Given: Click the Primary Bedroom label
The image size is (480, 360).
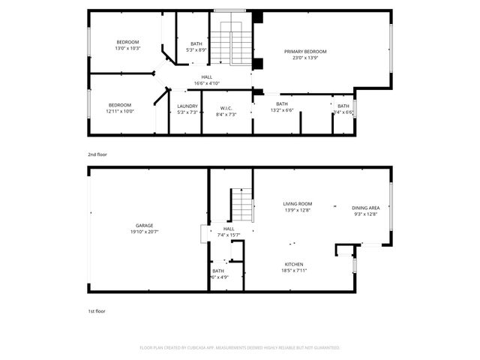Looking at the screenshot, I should pyautogui.click(x=305, y=52).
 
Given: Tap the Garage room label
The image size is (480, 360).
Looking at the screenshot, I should pyautogui.click(x=144, y=226).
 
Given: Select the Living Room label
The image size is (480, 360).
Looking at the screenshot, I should pyautogui.click(x=298, y=203).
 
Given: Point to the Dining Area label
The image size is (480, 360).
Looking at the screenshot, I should pyautogui.click(x=365, y=208).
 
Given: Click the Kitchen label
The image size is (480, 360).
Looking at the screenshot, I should pyautogui.click(x=293, y=264).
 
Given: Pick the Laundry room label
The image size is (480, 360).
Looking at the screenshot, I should pyautogui.click(x=187, y=106).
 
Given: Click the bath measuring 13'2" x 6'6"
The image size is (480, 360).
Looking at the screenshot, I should pyautogui.click(x=282, y=110).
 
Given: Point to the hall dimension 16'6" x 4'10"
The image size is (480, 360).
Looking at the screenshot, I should pyautogui.click(x=206, y=82).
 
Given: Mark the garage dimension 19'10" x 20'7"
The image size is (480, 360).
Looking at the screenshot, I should pyautogui.click(x=144, y=232).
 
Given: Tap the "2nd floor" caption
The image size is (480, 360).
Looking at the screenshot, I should pyautogui.click(x=97, y=154).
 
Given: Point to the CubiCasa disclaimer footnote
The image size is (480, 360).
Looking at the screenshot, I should pyautogui.click(x=240, y=347).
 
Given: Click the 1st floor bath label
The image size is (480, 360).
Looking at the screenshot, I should pyautogui.click(x=217, y=271).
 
